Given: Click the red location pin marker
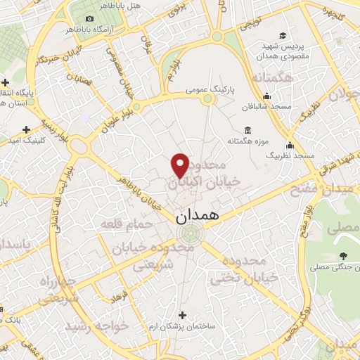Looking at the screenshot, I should pyautogui.click(x=180, y=164).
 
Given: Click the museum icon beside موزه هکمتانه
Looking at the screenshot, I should pyautogui.click(x=247, y=130).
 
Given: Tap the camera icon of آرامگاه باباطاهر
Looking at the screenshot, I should pyautogui.click(x=89, y=18).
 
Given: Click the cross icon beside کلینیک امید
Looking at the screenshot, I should pyautogui.click(x=27, y=129).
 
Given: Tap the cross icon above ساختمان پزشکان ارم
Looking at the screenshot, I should pyautogui.click(x=183, y=315).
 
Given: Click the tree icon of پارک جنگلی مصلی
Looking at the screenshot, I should pyautogui.click(x=342, y=256).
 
